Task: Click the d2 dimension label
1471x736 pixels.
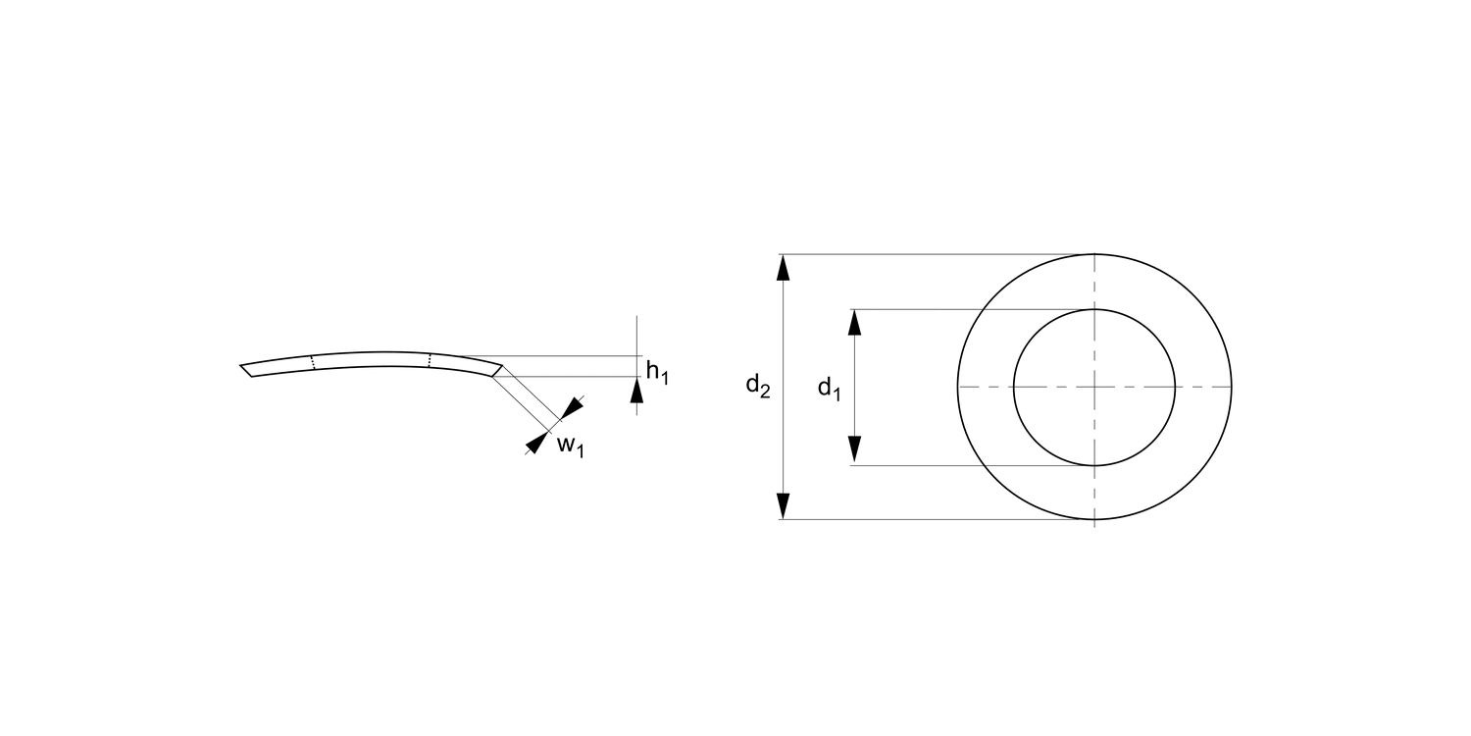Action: click(x=757, y=386)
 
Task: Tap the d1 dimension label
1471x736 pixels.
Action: click(x=830, y=389)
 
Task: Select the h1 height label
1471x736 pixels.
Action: click(x=657, y=372)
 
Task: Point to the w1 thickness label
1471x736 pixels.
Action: click(x=570, y=446)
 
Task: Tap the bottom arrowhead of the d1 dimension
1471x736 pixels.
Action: click(x=854, y=450)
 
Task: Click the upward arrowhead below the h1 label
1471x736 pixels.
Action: click(x=637, y=391)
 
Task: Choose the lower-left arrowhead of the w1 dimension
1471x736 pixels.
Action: click(x=534, y=443)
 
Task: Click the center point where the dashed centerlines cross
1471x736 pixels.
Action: click(x=1094, y=387)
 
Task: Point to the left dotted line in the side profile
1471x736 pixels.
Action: click(x=313, y=362)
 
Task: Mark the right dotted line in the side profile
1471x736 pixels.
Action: click(x=430, y=360)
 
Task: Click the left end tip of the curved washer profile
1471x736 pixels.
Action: click(x=243, y=368)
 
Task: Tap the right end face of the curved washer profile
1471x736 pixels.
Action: click(x=496, y=370)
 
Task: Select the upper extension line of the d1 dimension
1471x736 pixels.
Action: click(x=971, y=309)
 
